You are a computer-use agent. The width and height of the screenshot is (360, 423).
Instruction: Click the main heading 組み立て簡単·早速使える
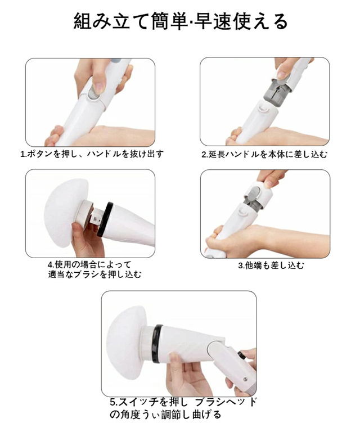[180, 21]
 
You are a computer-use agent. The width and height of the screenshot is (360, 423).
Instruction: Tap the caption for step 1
[92, 154]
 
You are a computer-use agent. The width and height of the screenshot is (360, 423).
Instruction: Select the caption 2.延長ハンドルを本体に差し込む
[264, 154]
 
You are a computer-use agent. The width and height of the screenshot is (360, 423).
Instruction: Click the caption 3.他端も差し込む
[271, 265]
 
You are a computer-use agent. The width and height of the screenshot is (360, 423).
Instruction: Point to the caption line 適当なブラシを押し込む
[94, 274]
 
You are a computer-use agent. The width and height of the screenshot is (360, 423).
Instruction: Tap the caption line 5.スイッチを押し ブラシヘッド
[183, 402]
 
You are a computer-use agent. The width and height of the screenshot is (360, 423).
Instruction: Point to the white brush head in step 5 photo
[126, 343]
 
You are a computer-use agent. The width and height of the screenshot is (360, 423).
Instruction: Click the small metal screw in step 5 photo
[245, 379]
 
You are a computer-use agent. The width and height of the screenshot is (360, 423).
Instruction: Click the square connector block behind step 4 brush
[96, 217]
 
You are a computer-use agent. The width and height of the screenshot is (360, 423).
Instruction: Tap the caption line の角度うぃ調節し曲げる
[165, 414]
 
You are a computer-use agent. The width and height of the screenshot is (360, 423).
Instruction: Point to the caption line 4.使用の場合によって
[89, 264]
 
